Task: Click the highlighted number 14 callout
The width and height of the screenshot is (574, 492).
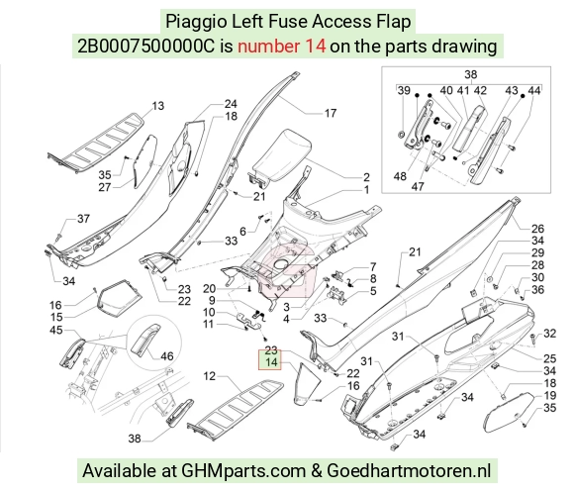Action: (x=271, y=362)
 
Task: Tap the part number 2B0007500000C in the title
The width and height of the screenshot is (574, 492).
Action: (x=145, y=47)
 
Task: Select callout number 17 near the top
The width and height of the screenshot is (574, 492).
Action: (x=331, y=114)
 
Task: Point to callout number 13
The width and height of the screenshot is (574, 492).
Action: (x=157, y=106)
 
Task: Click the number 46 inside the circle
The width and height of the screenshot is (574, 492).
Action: (x=167, y=356)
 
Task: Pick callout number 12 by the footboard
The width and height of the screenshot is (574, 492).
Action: (x=210, y=376)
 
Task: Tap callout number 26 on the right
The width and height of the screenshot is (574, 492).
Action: (x=537, y=229)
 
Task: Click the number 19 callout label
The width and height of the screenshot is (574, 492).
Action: (x=549, y=395)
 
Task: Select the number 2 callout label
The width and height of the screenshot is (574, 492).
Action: (x=366, y=177)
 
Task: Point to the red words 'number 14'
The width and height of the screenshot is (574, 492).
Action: (x=281, y=47)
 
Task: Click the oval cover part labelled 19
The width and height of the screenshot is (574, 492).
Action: (x=508, y=412)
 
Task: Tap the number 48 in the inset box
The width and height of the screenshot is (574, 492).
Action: (x=400, y=176)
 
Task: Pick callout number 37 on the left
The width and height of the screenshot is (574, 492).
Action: (x=83, y=219)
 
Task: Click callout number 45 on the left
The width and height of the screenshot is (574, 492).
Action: (x=56, y=330)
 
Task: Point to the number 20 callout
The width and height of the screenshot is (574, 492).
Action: (x=209, y=289)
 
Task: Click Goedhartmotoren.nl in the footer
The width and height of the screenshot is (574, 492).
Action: (x=409, y=471)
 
